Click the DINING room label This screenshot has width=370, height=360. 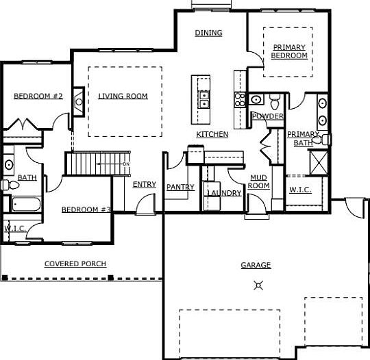point(208,33)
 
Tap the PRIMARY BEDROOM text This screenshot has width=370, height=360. point(288,51)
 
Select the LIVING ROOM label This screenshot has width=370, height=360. point(123,97)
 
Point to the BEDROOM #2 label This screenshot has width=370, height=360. point(38,97)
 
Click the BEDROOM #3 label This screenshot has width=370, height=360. point(86,209)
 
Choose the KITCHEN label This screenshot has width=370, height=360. point(212,134)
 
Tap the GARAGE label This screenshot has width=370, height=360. point(256,265)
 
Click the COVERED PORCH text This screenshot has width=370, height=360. point(75,263)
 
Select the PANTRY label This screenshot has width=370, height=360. point(180,187)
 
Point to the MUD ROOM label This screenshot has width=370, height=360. point(258,181)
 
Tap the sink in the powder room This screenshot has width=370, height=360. point(256,100)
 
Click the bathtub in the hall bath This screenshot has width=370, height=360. point(23,204)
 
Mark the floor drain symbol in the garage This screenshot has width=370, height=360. point(258,285)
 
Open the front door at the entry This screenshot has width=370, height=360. point(146,203)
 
